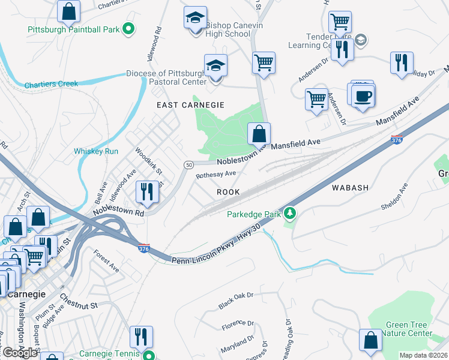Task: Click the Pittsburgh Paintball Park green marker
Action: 127,28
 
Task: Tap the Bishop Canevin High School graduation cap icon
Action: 196,18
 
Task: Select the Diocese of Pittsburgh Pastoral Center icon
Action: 215,66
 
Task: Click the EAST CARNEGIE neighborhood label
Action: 190,105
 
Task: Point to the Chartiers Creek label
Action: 51,84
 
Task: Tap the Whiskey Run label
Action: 96,151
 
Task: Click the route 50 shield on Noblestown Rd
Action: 188,164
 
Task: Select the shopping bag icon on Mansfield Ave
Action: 259,134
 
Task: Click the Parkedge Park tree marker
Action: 290,213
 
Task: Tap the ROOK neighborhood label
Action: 228,192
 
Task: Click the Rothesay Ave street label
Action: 216,174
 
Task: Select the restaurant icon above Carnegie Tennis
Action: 141,337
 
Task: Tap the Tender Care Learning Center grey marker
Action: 360,41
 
